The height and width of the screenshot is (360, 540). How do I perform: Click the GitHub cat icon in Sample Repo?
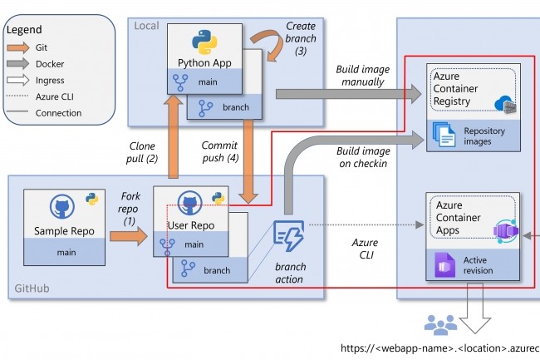[61, 208]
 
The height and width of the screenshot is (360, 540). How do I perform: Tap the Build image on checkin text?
[361, 158]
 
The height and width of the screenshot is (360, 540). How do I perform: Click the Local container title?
[147, 25]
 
